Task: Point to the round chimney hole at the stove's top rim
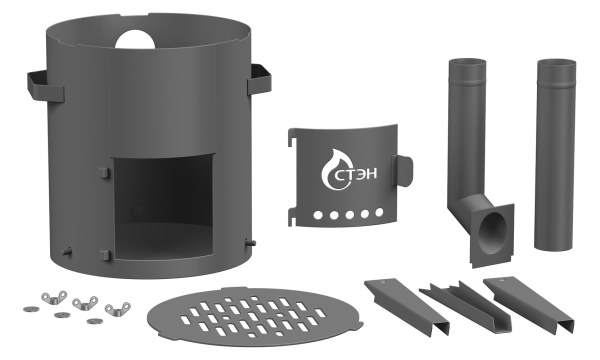(x=135, y=39)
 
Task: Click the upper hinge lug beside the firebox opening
(x=104, y=172)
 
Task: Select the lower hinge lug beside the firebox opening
(x=104, y=256)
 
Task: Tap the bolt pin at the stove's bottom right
(x=251, y=243)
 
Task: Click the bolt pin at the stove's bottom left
(x=67, y=252)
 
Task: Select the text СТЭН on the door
(x=357, y=174)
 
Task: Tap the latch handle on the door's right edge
(x=402, y=171)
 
